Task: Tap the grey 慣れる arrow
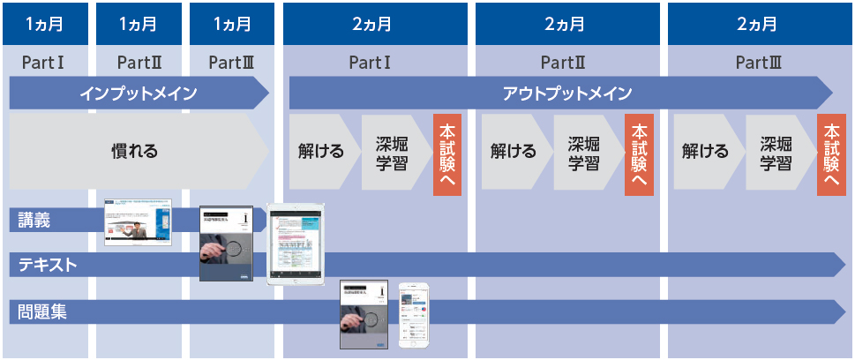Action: click(137, 151)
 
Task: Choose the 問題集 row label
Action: click(42, 311)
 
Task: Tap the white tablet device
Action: click(296, 245)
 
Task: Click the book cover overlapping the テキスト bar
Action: click(227, 244)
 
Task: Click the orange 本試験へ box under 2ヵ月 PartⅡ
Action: click(639, 155)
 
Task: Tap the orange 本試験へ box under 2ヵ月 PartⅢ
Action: click(831, 155)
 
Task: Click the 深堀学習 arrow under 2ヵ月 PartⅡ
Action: click(584, 152)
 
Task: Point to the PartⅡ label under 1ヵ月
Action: click(139, 63)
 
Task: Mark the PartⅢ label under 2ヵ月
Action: click(758, 63)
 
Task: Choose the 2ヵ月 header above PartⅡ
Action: click(566, 24)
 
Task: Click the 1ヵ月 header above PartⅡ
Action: click(139, 24)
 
